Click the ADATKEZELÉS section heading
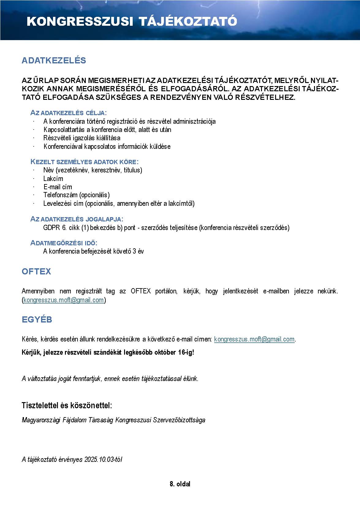click(54, 60)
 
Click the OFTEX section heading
click(36, 272)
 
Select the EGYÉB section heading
click(37, 320)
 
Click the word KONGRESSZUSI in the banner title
click(80, 22)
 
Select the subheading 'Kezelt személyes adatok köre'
click(84, 162)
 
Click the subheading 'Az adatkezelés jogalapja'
click(77, 219)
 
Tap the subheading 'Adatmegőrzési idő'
click(64, 243)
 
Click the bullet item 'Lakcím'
click(53, 179)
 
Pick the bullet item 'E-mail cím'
click(58, 187)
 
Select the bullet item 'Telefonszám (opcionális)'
click(76, 195)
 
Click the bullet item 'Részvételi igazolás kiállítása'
click(82, 138)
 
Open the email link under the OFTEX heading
click(64, 300)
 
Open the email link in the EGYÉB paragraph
click(254, 339)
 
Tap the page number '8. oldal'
click(180, 484)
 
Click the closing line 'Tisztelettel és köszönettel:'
click(67, 405)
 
